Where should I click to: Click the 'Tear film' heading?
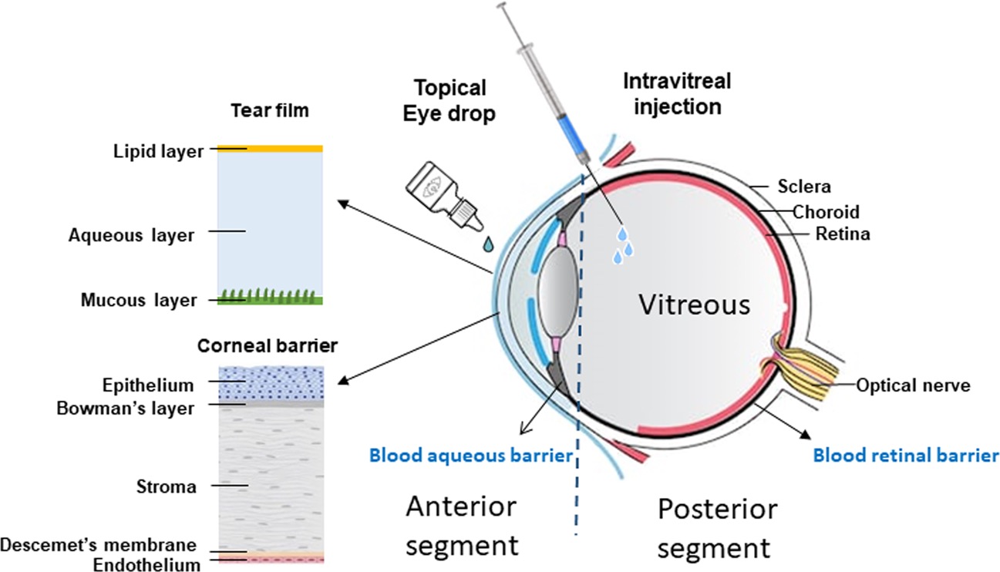tap(270, 110)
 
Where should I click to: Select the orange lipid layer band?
tap(270, 148)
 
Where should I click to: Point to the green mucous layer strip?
tap(270, 299)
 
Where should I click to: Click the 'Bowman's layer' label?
tap(125, 408)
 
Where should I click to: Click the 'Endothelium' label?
tap(146, 564)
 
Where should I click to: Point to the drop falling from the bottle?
tap(487, 244)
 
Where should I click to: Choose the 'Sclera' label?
tap(804, 186)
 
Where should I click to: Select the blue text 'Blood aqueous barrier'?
tap(471, 456)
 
